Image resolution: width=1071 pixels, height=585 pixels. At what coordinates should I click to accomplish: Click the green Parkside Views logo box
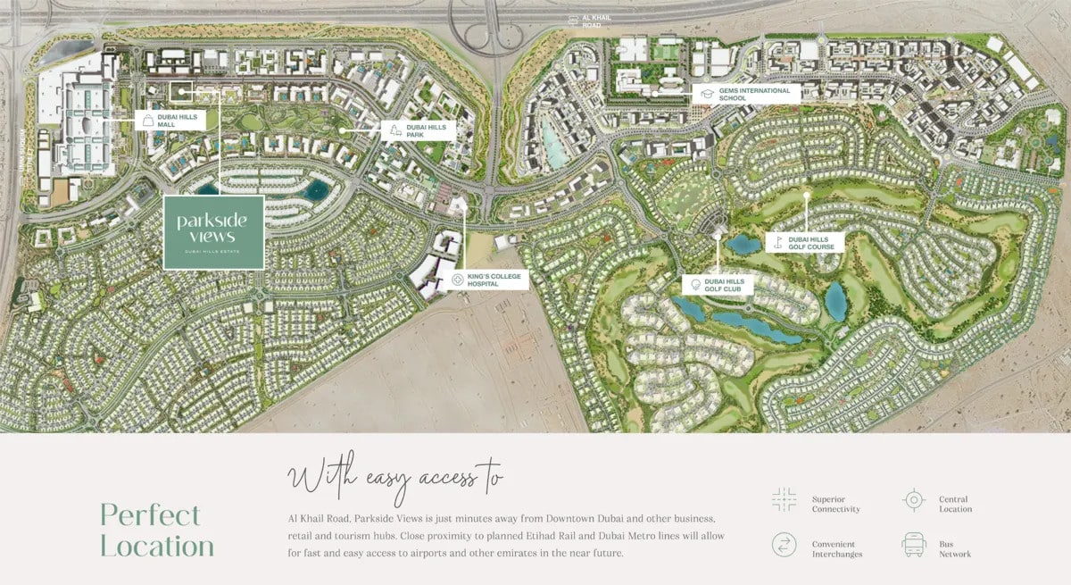tap(213, 232)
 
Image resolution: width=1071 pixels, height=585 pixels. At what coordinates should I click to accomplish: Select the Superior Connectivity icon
tap(785, 500)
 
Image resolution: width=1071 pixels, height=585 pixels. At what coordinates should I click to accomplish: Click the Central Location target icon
tap(913, 500)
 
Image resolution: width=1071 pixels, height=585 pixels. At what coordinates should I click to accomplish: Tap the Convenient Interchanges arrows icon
tap(785, 544)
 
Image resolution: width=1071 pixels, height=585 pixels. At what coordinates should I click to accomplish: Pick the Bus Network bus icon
tap(913, 544)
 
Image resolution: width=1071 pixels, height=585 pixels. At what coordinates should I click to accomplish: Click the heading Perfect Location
tap(157, 531)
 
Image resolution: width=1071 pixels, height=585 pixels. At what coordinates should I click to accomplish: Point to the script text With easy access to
tap(394, 480)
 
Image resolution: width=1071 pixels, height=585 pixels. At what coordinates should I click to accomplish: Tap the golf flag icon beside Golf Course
tap(777, 241)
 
